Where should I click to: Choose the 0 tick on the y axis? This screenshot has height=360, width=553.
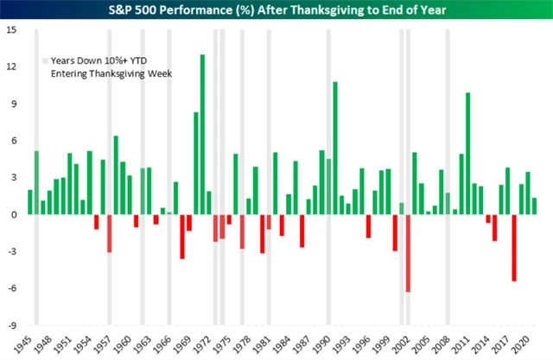(x=13, y=215)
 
